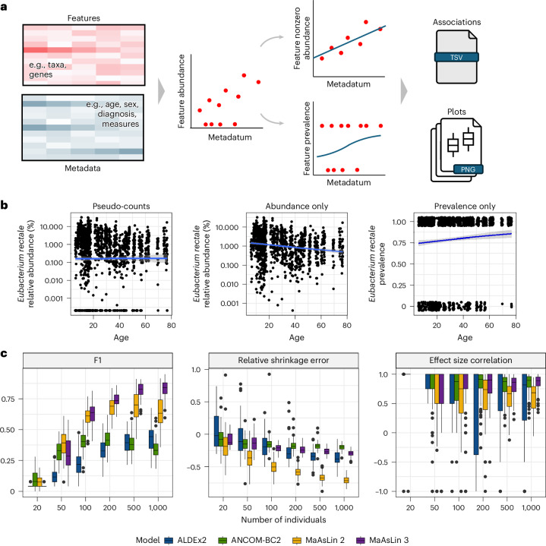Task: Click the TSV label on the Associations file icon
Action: point(456,57)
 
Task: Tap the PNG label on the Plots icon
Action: point(468,169)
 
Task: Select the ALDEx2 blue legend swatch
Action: point(169,540)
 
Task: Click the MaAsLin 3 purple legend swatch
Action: point(361,540)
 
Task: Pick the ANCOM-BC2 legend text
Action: point(256,540)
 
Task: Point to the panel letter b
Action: point(4,205)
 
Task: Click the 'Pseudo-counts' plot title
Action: point(122,206)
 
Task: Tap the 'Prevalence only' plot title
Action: point(465,206)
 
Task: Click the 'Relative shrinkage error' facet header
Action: point(283,361)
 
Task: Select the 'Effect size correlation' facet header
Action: point(470,361)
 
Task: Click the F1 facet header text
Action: point(98,360)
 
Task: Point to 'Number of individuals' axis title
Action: point(283,519)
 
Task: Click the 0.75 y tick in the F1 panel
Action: point(8,399)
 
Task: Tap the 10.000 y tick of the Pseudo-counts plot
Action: point(52,227)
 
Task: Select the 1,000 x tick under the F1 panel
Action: point(158,508)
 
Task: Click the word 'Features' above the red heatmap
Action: point(84,18)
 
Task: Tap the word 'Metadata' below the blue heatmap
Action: point(83,168)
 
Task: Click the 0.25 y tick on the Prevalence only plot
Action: point(399,286)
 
